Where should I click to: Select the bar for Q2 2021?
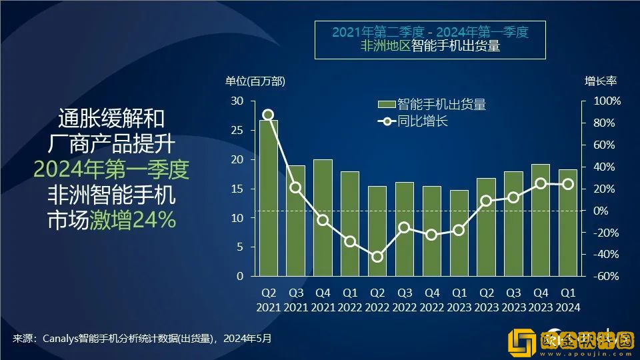point(268,198)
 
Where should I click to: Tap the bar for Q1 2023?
point(459,233)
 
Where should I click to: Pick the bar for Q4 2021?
point(323,217)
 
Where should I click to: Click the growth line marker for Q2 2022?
point(377,257)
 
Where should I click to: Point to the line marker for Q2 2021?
point(268,115)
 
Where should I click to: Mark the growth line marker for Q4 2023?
point(541,183)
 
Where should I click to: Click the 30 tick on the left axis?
point(237,101)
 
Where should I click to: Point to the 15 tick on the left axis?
point(237,189)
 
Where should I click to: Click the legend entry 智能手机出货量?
point(441,104)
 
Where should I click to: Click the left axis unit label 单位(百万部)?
point(255,81)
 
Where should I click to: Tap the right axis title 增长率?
point(601,81)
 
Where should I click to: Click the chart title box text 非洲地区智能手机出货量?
point(430,47)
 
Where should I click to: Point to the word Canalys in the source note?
point(61,338)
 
